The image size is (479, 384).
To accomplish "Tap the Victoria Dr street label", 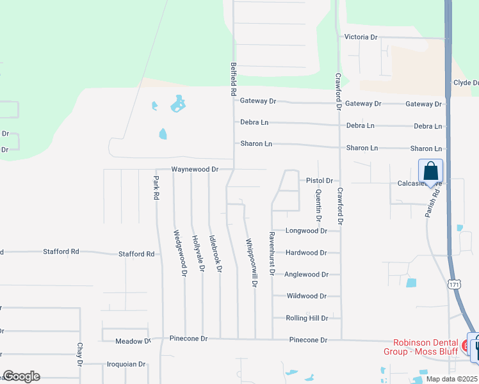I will pos(361,37).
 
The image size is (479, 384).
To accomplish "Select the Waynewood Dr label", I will pos(195,170).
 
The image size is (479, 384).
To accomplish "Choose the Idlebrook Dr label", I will pos(218,252).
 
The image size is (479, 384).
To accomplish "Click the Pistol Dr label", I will pos(319,180).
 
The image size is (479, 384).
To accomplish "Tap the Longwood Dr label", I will pos(306,230).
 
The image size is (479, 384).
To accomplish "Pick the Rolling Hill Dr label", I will pos(306,318).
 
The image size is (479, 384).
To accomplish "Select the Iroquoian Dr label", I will pos(126,364).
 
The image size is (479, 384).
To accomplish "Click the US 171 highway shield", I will pos(454,284).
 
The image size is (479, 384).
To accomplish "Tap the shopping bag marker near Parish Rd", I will pos(430,172).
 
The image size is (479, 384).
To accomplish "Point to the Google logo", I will pos(21,376).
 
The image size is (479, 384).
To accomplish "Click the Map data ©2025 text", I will pos(451,379).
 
